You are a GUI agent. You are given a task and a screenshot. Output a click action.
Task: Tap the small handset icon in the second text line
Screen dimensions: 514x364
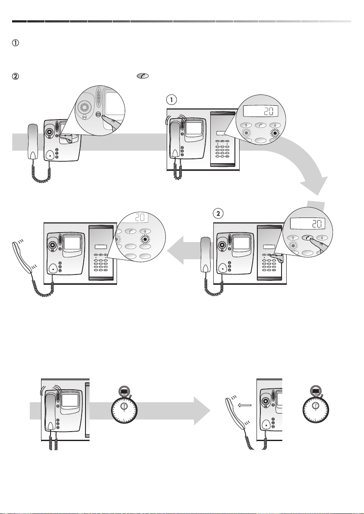[142, 76]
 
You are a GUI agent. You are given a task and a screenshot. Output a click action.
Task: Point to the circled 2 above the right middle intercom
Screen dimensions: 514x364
[218, 213]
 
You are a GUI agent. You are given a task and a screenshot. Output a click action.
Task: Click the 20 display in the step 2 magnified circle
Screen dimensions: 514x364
[307, 224]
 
